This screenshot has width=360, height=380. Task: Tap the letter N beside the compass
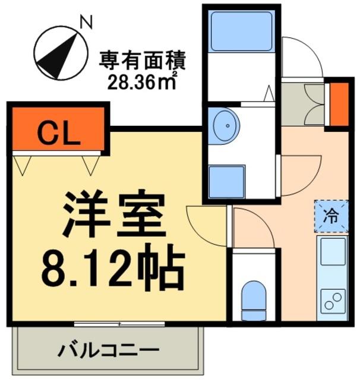tap(86, 23)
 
